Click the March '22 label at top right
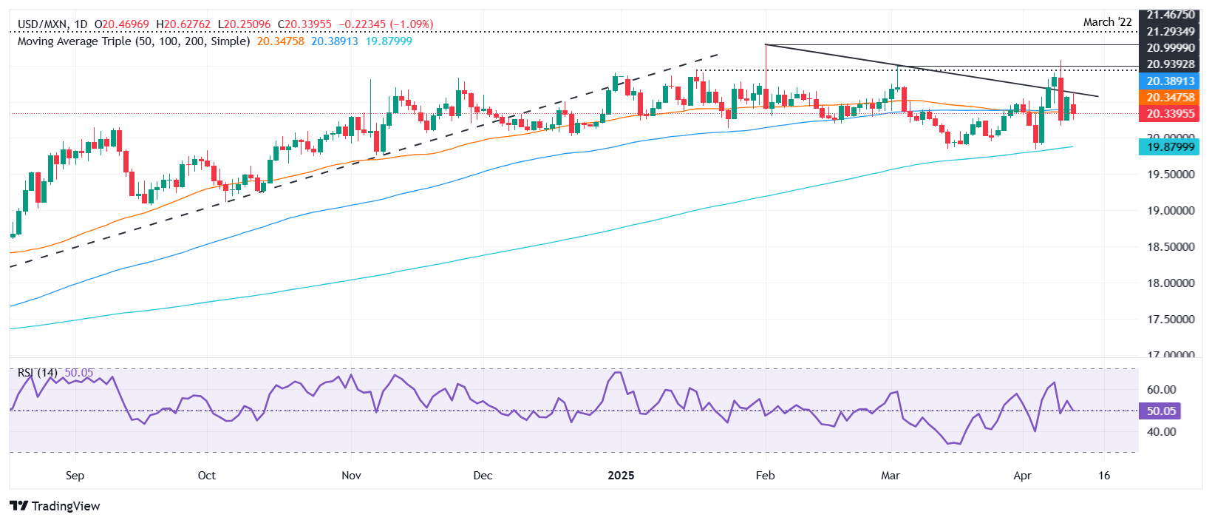point(1107,22)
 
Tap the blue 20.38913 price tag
point(1171,81)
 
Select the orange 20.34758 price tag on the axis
point(1171,98)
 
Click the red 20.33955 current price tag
point(1171,114)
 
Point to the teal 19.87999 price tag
point(1171,147)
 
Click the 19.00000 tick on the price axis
point(1171,211)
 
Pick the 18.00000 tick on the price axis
point(1171,283)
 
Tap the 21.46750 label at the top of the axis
point(1171,15)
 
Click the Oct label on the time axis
point(207,476)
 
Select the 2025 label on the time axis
point(621,476)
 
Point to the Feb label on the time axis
point(765,476)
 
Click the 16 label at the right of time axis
point(1104,476)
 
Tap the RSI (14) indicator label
point(37,373)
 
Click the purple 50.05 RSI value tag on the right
point(1160,411)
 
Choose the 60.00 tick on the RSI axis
point(1161,390)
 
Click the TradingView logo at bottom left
point(55,506)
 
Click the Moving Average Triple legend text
point(133,41)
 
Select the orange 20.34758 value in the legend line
point(280,41)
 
